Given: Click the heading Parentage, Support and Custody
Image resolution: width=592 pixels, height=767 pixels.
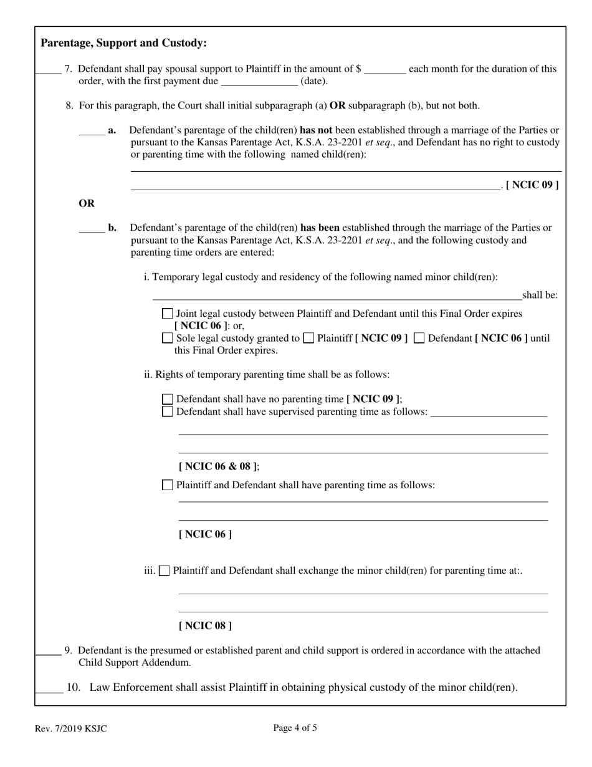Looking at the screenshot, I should coord(123,43).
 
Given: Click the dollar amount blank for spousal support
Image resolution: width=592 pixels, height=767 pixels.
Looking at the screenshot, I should coord(384,69).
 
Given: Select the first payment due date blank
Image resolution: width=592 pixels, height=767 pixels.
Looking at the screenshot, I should coord(259,82).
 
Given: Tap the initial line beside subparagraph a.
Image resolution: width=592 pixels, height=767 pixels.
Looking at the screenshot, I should coord(92,131).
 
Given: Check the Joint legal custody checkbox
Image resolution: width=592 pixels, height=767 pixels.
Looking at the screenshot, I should coord(167,314).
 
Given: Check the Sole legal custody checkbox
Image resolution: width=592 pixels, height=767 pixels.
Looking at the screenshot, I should coord(167,338).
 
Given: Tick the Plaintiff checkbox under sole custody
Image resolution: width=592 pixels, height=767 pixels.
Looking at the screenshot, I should coord(308,338).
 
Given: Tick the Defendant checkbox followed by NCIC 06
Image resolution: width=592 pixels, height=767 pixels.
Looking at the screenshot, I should coord(419,338).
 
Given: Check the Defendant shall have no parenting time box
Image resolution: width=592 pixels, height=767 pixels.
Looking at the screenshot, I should coord(167,399).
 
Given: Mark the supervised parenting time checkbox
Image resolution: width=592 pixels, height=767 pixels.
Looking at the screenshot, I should coord(167,412).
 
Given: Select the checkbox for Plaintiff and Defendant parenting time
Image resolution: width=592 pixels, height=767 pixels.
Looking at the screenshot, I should coord(167,485).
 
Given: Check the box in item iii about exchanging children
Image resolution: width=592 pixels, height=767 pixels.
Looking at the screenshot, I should coord(165,571).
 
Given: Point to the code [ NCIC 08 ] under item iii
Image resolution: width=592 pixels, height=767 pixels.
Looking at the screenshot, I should coord(205,625).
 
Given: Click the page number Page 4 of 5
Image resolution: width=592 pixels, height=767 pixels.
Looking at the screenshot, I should coord(295,727).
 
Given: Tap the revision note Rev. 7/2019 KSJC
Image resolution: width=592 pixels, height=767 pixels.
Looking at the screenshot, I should coord(70,728).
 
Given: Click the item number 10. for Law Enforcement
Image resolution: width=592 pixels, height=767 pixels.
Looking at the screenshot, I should coord(74,688).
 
